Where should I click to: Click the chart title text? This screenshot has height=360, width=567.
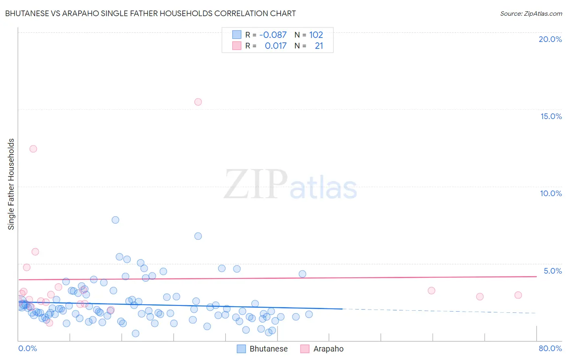point(150,13)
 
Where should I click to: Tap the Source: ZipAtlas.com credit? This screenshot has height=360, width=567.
point(531,13)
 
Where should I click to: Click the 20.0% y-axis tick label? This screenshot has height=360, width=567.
point(550,39)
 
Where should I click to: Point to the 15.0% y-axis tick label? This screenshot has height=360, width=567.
point(551,116)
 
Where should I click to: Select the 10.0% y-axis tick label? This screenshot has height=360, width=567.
point(551,193)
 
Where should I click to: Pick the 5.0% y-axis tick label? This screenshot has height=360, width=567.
point(552,271)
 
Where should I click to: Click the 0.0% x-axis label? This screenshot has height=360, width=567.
point(27,348)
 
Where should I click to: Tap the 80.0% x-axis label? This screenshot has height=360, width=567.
point(550,348)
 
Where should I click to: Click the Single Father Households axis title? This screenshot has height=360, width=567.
point(11,184)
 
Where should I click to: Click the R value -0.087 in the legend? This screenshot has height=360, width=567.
point(273,35)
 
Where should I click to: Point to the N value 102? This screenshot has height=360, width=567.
point(316,35)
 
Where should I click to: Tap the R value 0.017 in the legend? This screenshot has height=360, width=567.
point(275,46)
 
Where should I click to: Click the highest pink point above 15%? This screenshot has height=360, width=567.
point(198,102)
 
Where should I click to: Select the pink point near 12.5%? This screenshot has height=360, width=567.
point(33,149)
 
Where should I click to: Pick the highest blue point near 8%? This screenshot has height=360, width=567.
point(115,220)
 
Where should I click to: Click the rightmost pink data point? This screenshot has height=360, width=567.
point(518,295)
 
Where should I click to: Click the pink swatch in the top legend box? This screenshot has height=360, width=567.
point(237,46)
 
